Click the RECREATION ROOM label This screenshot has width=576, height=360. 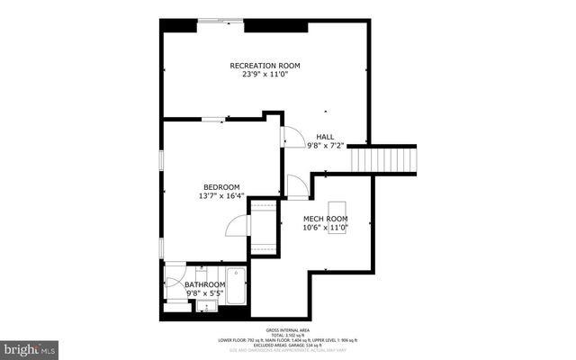[x=265, y=66]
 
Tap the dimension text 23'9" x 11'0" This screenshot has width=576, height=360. [x=265, y=75]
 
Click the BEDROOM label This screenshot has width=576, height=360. [x=220, y=187]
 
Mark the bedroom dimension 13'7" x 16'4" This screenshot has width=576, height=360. [x=220, y=196]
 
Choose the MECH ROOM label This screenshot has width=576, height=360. [x=325, y=219]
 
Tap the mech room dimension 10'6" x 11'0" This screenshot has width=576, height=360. [x=325, y=228]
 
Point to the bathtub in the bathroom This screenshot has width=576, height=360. [x=236, y=286]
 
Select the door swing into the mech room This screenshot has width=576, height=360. [x=297, y=187]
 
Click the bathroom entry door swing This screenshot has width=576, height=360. [x=175, y=273]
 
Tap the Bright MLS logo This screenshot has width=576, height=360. [x=29, y=346]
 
